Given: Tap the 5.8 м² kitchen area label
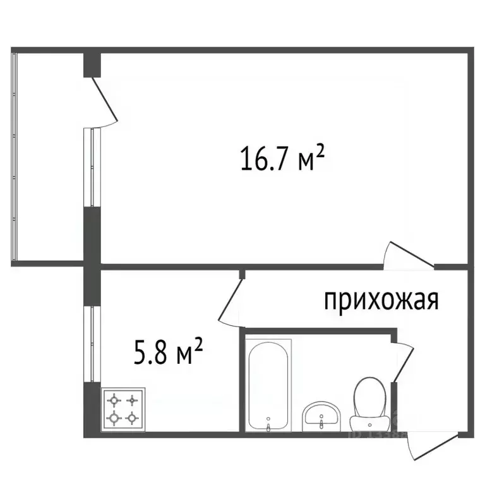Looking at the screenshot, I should pyautogui.click(x=169, y=351).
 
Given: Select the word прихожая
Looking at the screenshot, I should pyautogui.click(x=381, y=301).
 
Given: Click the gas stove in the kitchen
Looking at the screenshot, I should pyautogui.click(x=123, y=409).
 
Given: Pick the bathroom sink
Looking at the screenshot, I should pyautogui.click(x=322, y=416).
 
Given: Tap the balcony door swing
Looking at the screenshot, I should pyautogui.click(x=106, y=101).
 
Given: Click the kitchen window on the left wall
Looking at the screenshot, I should pyautogui.click(x=92, y=345).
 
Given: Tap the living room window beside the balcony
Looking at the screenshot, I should pyautogui.click(x=93, y=167).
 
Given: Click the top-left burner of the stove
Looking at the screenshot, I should pyautogui.click(x=114, y=400).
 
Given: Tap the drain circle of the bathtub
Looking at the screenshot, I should pyautogui.click(x=268, y=418).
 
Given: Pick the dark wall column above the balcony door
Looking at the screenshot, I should pyautogui.click(x=92, y=64).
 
